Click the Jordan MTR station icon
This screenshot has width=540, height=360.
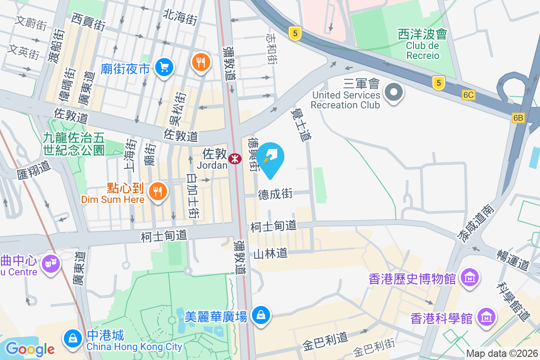pos(234,158)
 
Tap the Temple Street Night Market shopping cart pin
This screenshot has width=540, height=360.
pos(163,67)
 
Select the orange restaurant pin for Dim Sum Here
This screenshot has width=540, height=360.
pos(157,192)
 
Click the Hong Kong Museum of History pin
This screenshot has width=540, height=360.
pos(470,279)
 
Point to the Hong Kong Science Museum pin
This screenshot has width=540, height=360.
pos(486,317)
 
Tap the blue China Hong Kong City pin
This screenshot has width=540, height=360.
pos(72,338)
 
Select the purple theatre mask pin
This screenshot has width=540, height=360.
pos(50,263)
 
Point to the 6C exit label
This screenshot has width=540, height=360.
pos(468,95)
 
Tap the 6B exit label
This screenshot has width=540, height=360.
pos(518,118)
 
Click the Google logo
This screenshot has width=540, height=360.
pos(30,349)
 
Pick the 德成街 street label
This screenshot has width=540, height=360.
pos(275,194)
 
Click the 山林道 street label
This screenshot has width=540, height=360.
pos(270,254)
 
